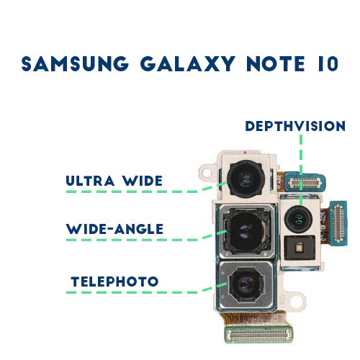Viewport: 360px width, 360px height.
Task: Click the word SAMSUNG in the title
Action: point(75,63)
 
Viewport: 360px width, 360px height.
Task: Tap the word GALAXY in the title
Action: point(188,63)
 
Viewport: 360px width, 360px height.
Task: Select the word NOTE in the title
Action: point(276,63)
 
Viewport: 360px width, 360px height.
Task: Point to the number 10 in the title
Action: point(328,63)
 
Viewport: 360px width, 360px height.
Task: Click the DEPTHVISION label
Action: point(295,126)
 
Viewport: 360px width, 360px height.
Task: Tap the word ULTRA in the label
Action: point(90,181)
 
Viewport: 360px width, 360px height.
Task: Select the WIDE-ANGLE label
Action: point(114,229)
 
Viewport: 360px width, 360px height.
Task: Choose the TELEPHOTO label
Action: point(114,282)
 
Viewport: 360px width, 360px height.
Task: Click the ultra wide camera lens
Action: point(246,179)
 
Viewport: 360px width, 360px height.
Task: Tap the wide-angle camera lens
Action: point(246,232)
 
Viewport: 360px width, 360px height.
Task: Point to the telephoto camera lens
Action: point(246,285)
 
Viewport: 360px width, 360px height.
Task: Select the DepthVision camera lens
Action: point(298,219)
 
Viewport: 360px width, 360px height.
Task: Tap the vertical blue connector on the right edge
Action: point(338,223)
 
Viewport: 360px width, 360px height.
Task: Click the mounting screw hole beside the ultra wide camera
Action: point(206,172)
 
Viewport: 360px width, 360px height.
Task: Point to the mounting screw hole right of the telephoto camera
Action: point(298,300)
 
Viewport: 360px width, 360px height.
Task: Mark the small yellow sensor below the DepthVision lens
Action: point(300,248)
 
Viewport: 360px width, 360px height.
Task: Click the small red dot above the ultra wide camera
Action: point(245,153)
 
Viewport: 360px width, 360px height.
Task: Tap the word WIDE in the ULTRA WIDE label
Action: point(143,181)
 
